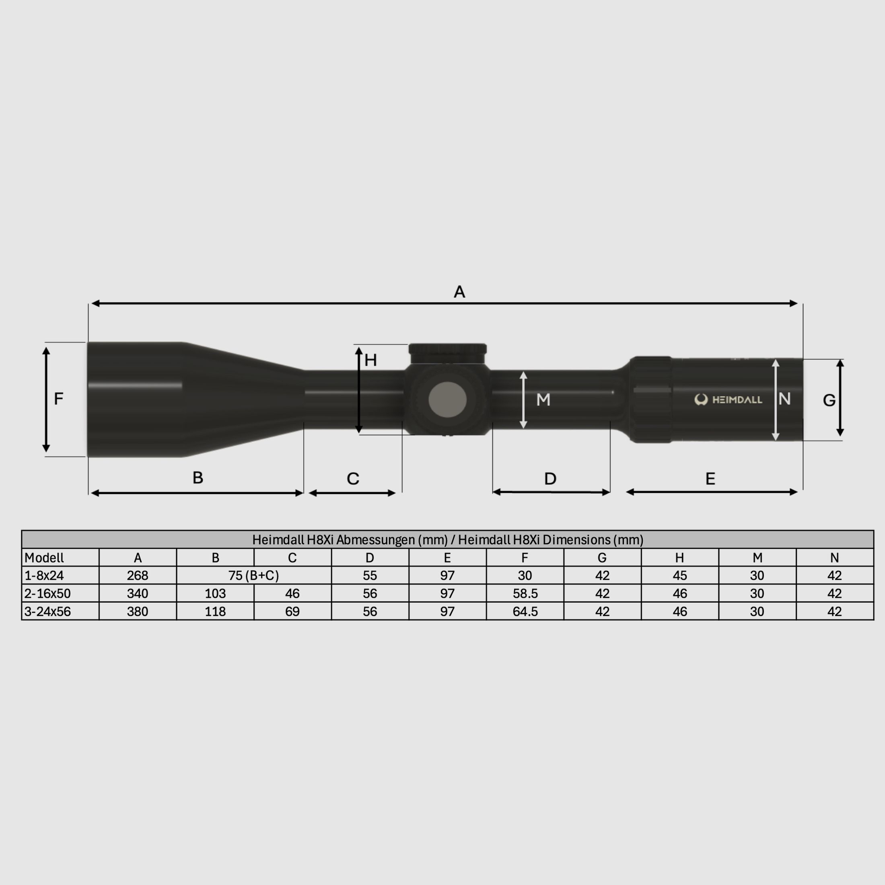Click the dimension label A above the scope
click(x=459, y=292)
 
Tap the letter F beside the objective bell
click(x=58, y=399)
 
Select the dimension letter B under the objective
click(x=198, y=478)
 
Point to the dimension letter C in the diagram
click(x=353, y=479)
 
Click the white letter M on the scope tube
click(x=543, y=400)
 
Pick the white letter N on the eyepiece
click(x=784, y=399)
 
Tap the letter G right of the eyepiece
click(x=829, y=400)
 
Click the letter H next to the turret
click(x=370, y=360)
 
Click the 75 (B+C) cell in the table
click(x=253, y=575)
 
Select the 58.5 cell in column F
click(x=525, y=594)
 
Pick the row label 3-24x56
click(x=47, y=611)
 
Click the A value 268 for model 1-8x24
click(x=138, y=575)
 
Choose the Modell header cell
click(x=44, y=558)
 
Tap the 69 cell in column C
click(x=292, y=611)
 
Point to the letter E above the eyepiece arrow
click(x=710, y=479)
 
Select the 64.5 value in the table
click(x=525, y=611)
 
